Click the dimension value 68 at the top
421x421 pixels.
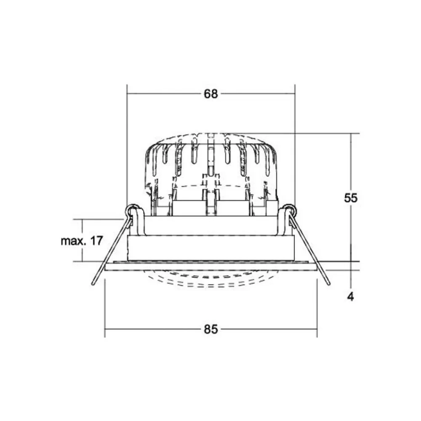click(x=211, y=94)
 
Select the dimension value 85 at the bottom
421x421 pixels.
click(x=211, y=330)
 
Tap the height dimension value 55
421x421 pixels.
click(x=350, y=197)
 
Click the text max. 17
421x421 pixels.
click(x=82, y=241)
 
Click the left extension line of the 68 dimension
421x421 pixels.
click(x=127, y=147)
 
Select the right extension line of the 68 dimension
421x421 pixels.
click(x=295, y=147)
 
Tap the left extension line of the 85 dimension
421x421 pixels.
click(x=105, y=307)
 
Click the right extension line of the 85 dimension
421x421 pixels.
click(x=317, y=307)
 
